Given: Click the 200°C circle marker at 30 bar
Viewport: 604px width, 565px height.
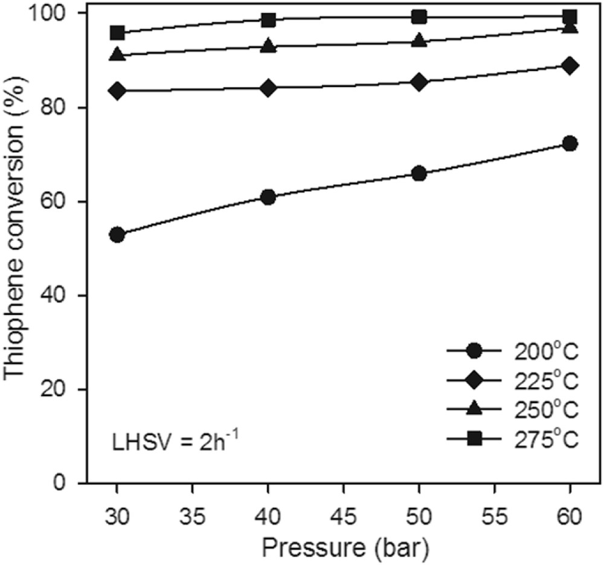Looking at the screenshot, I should click(x=117, y=235).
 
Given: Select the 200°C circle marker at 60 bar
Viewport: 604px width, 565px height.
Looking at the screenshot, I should click(x=570, y=143).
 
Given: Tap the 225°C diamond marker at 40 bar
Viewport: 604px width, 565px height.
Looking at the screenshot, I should click(x=268, y=88).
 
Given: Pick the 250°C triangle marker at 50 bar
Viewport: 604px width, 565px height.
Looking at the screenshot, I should click(x=419, y=40).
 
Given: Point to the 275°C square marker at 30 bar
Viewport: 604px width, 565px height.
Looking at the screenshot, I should click(x=117, y=32).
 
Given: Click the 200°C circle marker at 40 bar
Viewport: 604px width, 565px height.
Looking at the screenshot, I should click(x=268, y=197).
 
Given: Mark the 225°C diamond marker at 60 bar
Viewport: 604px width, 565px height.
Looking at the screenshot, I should click(x=570, y=65).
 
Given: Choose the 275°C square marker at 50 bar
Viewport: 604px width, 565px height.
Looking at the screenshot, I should click(x=419, y=16).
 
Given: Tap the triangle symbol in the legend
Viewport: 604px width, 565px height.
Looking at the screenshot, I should click(x=475, y=409).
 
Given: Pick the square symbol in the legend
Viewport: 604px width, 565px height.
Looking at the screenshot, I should click(x=475, y=439).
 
